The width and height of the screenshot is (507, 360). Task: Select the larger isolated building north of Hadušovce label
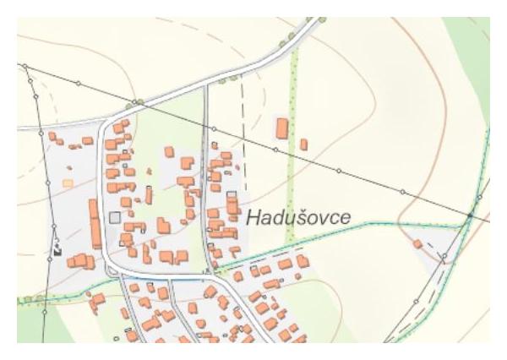(x=282, y=128)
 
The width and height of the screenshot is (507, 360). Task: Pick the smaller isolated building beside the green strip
(x=303, y=145)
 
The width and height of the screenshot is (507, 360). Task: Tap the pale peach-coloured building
(x=68, y=182)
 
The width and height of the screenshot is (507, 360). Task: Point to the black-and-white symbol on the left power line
(x=57, y=250)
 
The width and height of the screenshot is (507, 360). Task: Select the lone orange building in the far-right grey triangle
(x=417, y=244)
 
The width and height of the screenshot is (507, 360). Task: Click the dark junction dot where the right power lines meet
(x=470, y=216)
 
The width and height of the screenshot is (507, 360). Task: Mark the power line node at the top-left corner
(x=25, y=66)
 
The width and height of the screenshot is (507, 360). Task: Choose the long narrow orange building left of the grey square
(x=95, y=223)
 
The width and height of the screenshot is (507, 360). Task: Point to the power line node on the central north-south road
(x=214, y=128)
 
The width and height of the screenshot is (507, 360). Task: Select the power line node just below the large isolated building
(x=275, y=150)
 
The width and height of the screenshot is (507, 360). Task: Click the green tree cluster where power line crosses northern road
(x=134, y=103)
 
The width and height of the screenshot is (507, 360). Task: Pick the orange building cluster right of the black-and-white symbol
(x=79, y=260)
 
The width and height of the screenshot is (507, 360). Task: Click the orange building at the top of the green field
(x=169, y=152)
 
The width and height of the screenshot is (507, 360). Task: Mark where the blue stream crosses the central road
(x=208, y=270)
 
